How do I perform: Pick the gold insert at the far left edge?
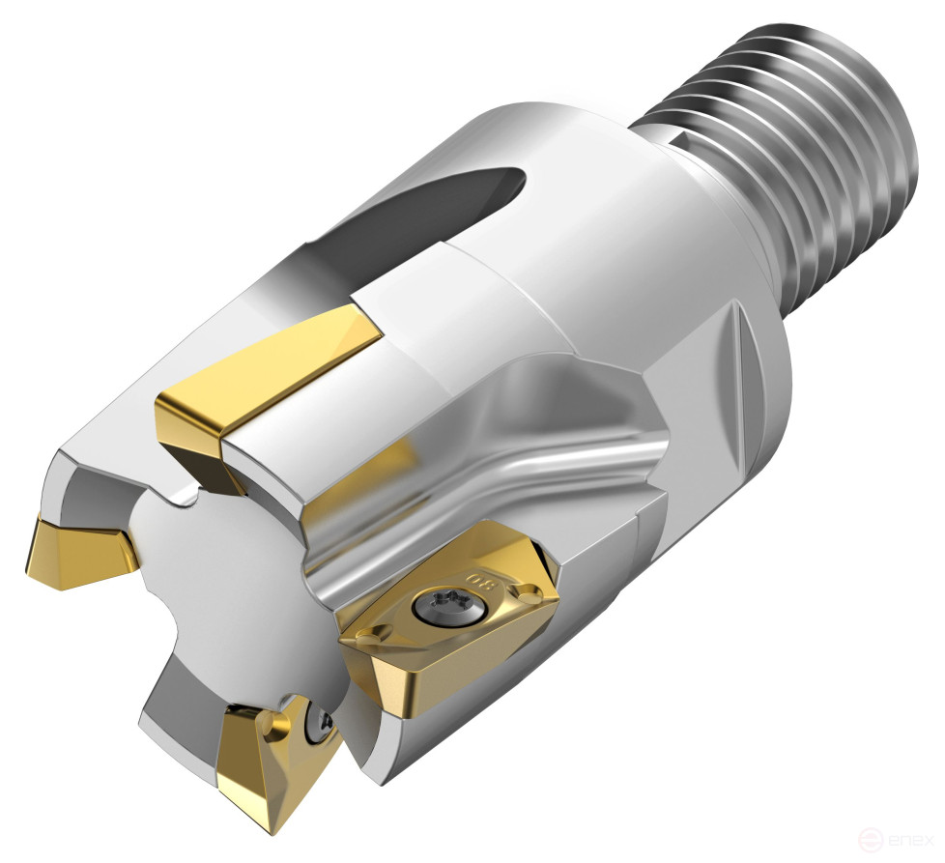click(77, 551)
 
